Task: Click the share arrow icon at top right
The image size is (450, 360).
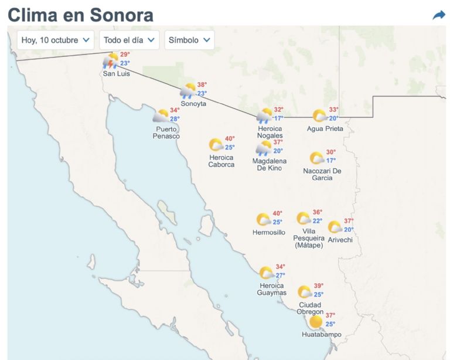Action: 439,15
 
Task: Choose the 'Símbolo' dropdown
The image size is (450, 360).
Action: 189,40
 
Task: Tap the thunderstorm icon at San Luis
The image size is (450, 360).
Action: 110,60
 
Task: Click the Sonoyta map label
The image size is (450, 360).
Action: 193,103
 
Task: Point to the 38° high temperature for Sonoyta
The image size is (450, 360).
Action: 202,84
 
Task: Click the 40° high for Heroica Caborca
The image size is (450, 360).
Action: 230,139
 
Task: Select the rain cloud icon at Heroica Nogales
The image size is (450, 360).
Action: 264,116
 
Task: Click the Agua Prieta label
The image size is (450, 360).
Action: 325,128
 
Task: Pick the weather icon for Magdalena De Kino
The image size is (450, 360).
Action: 264,148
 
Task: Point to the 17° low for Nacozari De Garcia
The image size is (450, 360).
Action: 331,160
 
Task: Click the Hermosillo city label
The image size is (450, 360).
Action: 269,232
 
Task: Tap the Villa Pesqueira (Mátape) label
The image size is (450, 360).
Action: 309,238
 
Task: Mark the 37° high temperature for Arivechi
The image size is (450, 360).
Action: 349,221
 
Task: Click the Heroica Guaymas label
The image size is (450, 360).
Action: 272,289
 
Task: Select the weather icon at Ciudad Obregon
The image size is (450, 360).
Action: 305,291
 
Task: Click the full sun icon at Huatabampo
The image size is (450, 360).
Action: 316,321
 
